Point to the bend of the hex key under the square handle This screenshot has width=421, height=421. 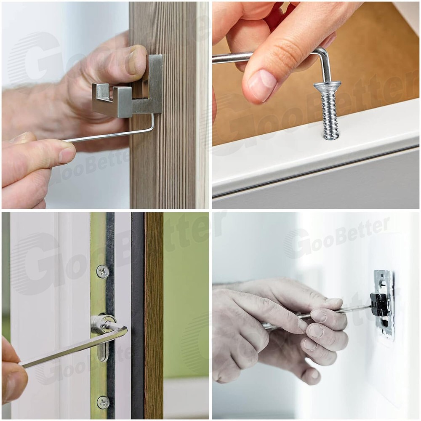[x=152, y=126]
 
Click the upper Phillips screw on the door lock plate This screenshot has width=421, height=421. [x=103, y=272]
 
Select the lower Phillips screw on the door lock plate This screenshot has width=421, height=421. [x=103, y=402]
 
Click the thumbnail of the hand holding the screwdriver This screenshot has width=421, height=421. [x=333, y=302]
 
